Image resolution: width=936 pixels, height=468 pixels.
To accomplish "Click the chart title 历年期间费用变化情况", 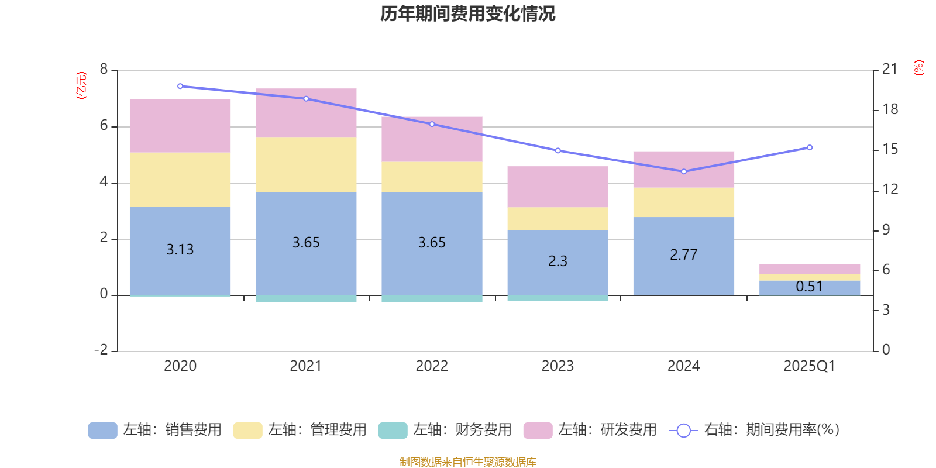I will [467, 13].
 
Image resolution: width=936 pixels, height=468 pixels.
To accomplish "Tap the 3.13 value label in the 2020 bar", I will [180, 250].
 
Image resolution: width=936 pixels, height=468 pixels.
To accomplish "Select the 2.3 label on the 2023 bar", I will [558, 261].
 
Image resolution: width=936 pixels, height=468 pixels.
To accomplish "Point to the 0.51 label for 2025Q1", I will [809, 287].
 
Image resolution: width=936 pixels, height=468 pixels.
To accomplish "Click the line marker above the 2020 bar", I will [180, 86].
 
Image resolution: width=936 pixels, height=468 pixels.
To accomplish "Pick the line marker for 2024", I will [684, 171].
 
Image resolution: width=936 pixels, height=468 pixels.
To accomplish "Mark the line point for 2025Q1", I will [810, 147].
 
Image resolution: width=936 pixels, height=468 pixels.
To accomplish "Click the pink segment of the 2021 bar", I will [306, 113].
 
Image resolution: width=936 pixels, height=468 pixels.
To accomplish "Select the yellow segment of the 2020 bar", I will [180, 180].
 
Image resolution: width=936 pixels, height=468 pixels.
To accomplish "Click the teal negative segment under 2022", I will [432, 299].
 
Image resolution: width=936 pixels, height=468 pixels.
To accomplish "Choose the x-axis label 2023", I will [558, 366].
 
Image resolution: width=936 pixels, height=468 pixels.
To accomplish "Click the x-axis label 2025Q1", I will [809, 366].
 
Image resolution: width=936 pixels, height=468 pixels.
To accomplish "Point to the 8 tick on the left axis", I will [104, 70].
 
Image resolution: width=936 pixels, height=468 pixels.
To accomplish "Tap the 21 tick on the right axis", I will [890, 69].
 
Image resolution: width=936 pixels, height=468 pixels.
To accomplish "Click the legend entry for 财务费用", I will [445, 430].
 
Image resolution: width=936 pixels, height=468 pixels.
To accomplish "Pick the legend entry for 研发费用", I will [590, 430].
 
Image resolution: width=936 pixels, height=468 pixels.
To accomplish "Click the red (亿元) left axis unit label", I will [81, 85].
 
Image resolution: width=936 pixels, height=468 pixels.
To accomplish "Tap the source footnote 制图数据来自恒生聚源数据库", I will [467, 462].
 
